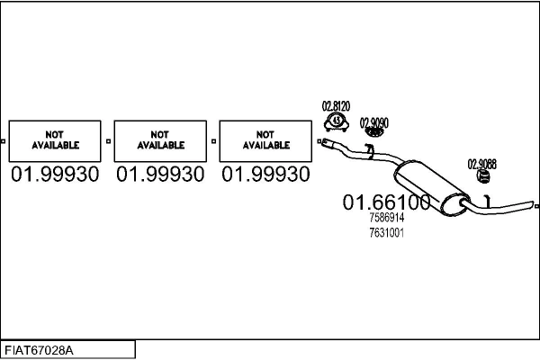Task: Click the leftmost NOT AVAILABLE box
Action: click(x=56, y=140)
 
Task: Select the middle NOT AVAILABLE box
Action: click(x=161, y=140)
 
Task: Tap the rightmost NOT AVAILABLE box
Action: click(x=266, y=140)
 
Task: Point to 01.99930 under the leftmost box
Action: click(x=56, y=175)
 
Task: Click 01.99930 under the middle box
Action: click(x=161, y=175)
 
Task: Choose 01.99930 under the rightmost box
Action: click(x=266, y=175)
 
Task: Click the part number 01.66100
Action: click(x=386, y=203)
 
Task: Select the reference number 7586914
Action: click(x=387, y=218)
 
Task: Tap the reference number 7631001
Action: click(x=386, y=232)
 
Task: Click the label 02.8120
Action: click(x=336, y=106)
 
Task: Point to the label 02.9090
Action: click(x=374, y=121)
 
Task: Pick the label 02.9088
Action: click(x=481, y=164)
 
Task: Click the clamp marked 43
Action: click(x=336, y=120)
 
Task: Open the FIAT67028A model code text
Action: click(x=40, y=350)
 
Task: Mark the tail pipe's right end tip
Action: click(x=534, y=207)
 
